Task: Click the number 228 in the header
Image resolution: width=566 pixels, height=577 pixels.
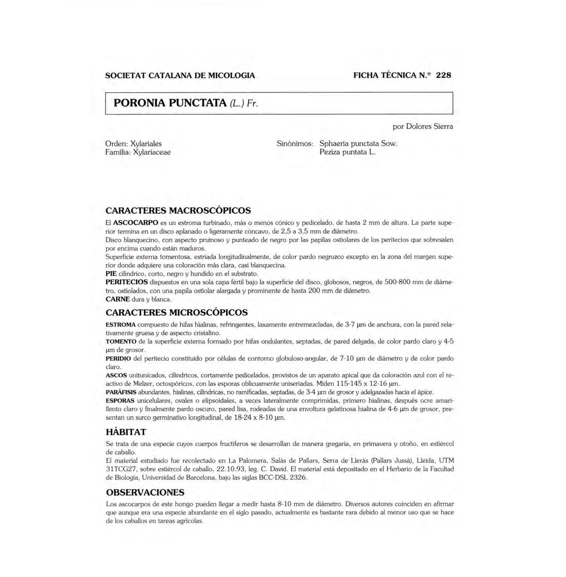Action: (x=443, y=75)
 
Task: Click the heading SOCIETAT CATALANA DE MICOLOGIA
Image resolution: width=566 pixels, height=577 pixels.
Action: (x=180, y=76)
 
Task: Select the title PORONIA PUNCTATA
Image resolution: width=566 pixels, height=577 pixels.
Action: (x=170, y=103)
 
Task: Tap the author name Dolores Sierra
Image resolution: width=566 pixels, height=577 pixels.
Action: (x=429, y=126)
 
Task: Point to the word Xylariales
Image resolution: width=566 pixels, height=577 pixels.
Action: (x=146, y=143)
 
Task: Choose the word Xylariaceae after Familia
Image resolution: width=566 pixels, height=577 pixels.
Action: (x=152, y=152)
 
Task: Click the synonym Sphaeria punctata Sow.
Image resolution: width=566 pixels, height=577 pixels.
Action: (x=358, y=143)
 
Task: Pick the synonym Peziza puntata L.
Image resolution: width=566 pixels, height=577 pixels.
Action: (x=347, y=152)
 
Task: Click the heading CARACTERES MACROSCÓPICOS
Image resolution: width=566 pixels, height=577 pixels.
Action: (x=178, y=210)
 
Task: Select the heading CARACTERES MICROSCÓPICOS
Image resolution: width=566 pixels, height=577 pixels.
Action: (x=176, y=312)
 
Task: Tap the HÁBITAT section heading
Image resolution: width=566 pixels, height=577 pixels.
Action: (x=126, y=432)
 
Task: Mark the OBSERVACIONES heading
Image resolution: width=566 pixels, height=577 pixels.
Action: (x=145, y=492)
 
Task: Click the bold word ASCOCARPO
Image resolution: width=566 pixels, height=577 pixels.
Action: (x=135, y=223)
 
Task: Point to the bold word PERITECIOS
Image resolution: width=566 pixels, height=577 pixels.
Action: (x=126, y=282)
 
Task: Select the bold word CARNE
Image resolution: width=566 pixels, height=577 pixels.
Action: (x=117, y=299)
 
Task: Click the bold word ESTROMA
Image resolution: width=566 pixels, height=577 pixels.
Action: (x=120, y=325)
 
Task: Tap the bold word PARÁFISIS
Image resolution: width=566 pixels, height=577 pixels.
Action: (x=121, y=392)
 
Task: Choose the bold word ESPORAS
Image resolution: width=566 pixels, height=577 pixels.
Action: (x=120, y=401)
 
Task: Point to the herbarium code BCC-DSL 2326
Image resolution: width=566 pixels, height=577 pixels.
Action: (x=283, y=478)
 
